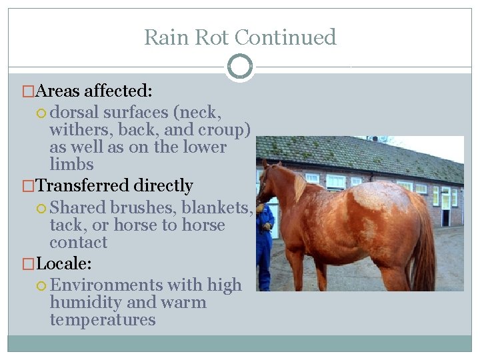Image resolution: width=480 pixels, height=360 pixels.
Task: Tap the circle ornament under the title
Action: point(239,67)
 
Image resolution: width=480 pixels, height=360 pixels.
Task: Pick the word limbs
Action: point(71,164)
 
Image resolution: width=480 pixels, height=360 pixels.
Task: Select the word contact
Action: point(78,243)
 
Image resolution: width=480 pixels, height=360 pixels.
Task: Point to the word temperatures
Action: point(102,320)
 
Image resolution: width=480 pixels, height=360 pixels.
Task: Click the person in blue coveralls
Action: point(265,240)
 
